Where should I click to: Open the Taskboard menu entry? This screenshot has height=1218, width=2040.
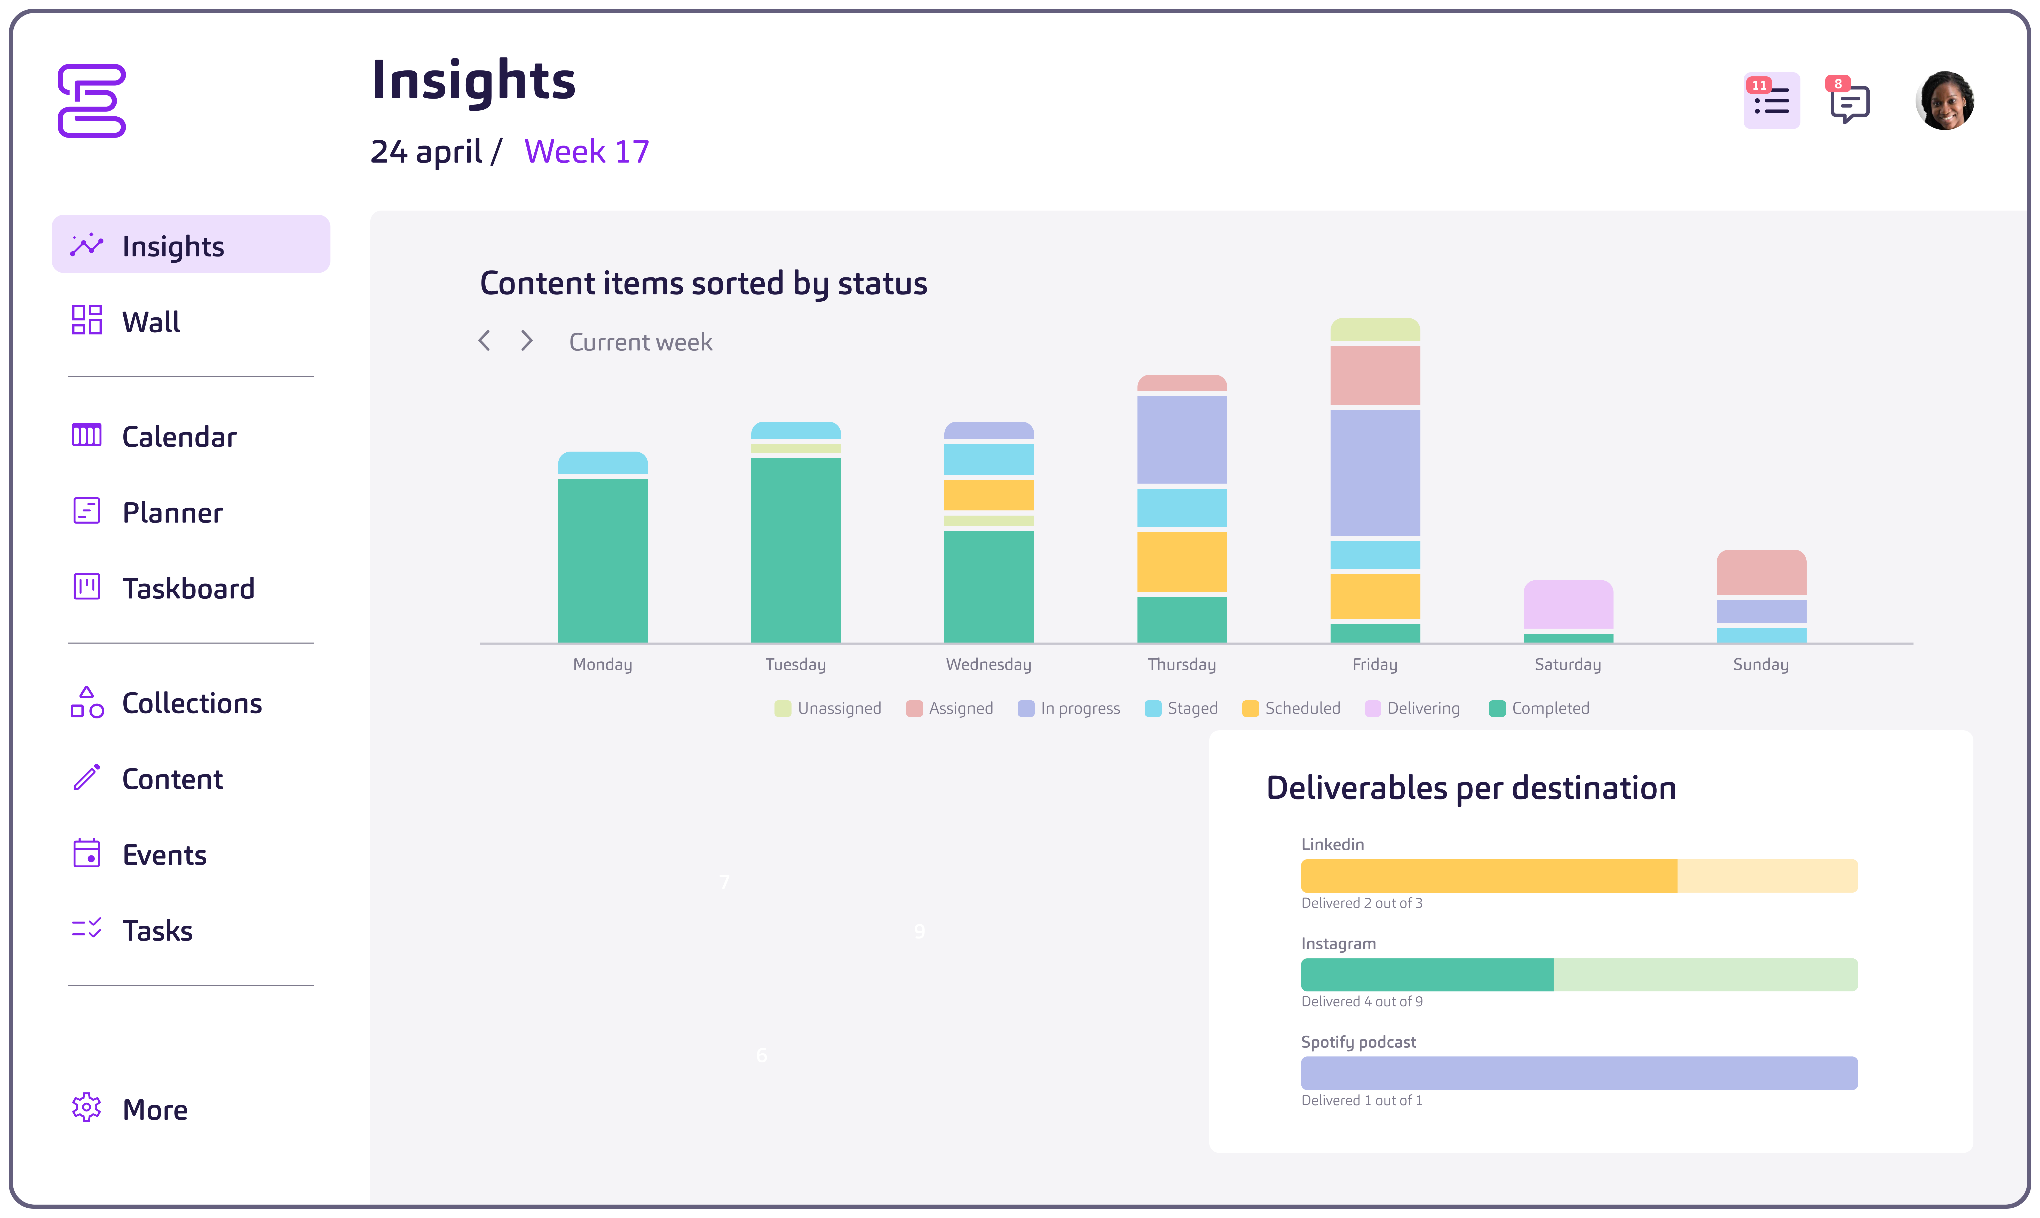[188, 588]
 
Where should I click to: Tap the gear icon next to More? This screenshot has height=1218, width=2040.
[86, 1108]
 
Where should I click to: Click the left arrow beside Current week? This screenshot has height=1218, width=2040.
[484, 341]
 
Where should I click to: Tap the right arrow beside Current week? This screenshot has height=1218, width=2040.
[527, 341]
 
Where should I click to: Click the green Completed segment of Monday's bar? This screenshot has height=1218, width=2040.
[603, 560]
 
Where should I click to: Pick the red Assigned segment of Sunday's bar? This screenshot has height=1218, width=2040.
[1761, 572]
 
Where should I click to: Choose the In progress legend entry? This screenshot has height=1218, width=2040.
[1069, 708]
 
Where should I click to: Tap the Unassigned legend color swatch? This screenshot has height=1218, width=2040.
[782, 708]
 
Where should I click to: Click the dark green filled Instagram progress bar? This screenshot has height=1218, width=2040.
[1427, 974]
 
